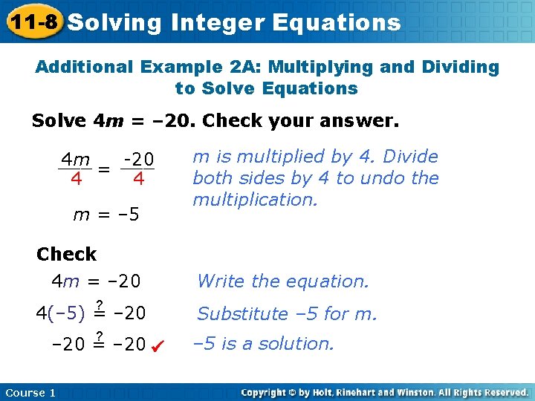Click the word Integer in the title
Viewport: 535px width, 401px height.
pos(217,23)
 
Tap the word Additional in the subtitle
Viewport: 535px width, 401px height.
pos(85,67)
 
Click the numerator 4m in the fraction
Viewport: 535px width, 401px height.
pos(76,160)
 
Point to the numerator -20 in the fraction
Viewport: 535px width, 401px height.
pos(139,160)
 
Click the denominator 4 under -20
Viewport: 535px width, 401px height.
pos(138,180)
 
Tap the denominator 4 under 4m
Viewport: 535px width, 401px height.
pos(76,180)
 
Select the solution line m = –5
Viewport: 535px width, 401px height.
pos(106,215)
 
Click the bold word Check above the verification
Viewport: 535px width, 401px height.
pos(66,254)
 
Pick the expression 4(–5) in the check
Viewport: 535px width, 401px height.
pos(60,313)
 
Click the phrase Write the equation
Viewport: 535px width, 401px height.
pos(282,281)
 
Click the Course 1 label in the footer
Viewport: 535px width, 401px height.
pos(30,393)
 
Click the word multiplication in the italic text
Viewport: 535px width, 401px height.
pos(255,200)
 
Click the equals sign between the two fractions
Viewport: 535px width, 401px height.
pos(106,169)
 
